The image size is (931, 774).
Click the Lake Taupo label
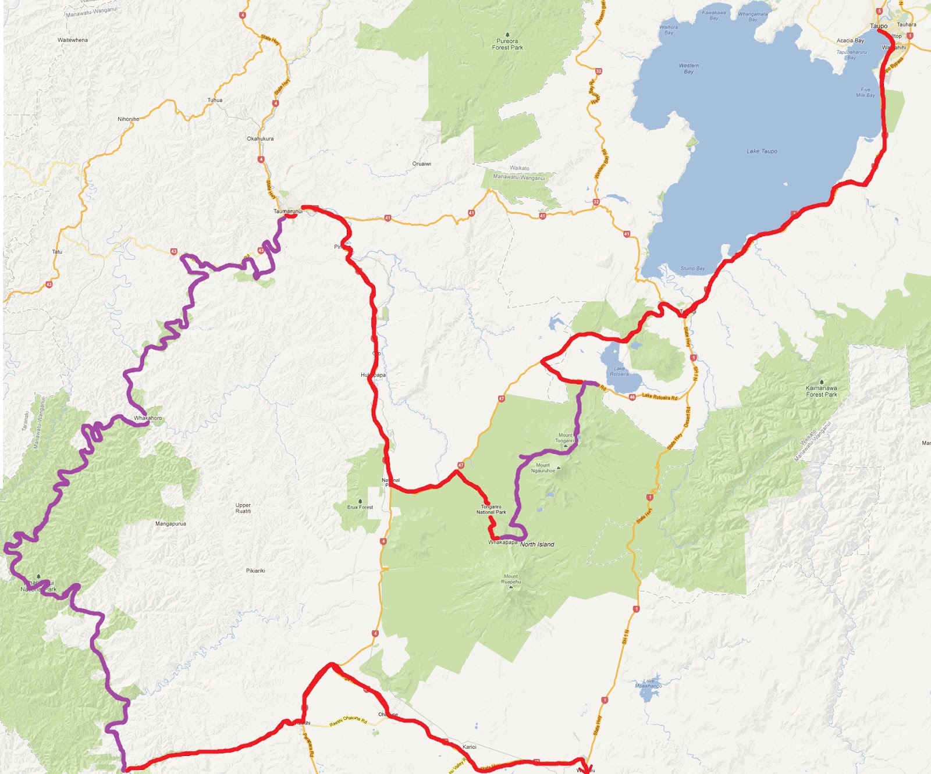pyautogui.click(x=762, y=151)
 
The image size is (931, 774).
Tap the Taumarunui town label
pyautogui.click(x=288, y=211)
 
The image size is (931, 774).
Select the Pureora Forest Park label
pyautogui.click(x=507, y=44)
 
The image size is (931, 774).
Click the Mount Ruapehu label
pyautogui.click(x=511, y=579)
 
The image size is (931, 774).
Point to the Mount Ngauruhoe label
pyautogui.click(x=543, y=468)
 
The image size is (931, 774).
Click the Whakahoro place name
pyautogui.click(x=148, y=418)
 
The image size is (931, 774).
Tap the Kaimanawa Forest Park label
pyautogui.click(x=821, y=391)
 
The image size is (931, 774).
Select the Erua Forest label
pyautogui.click(x=360, y=507)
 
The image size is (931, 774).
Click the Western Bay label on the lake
pyautogui.click(x=689, y=69)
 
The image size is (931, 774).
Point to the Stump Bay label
pyautogui.click(x=692, y=269)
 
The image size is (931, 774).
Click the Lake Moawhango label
pyautogui.click(x=648, y=683)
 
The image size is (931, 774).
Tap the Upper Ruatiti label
pyautogui.click(x=243, y=508)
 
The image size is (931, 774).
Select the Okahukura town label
pyautogui.click(x=260, y=139)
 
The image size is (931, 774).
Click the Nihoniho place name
pyautogui.click(x=129, y=119)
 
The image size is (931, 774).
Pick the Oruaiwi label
pyautogui.click(x=422, y=164)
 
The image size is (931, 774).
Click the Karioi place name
pyautogui.click(x=469, y=747)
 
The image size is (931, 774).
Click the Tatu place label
pyautogui.click(x=57, y=252)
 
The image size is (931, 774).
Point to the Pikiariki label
pyautogui.click(x=255, y=571)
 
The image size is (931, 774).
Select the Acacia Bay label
pyautogui.click(x=850, y=41)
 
